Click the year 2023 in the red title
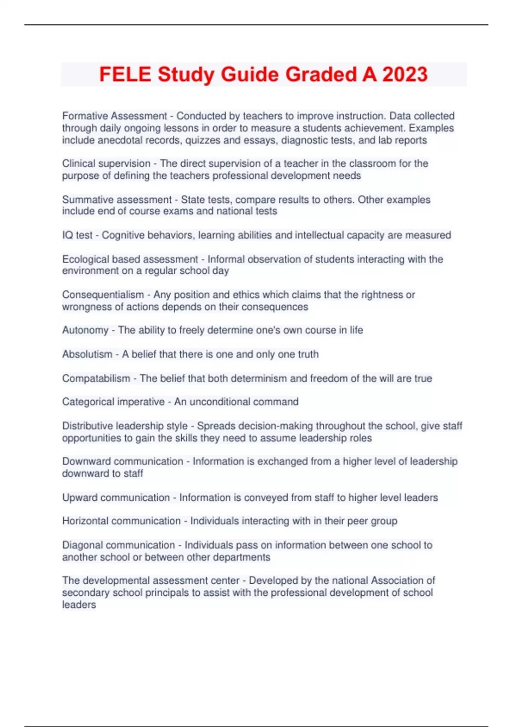[405, 74]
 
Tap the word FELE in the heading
[125, 74]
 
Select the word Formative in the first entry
[85, 116]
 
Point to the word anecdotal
[119, 140]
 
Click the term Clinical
[77, 163]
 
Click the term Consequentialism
[103, 295]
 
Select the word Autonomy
[85, 330]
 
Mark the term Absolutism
[87, 354]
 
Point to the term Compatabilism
[96, 378]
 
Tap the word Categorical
[88, 402]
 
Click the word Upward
[80, 498]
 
